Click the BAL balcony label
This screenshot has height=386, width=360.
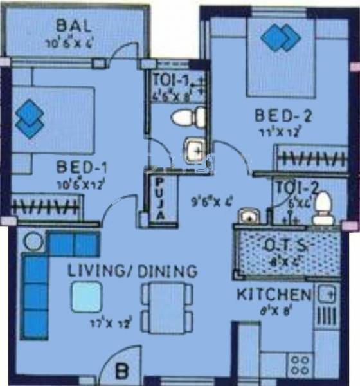click(x=73, y=26)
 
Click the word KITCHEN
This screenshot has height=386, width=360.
click(x=274, y=295)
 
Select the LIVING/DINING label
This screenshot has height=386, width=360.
click(x=132, y=272)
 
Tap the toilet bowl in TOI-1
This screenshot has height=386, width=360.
click(x=190, y=118)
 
